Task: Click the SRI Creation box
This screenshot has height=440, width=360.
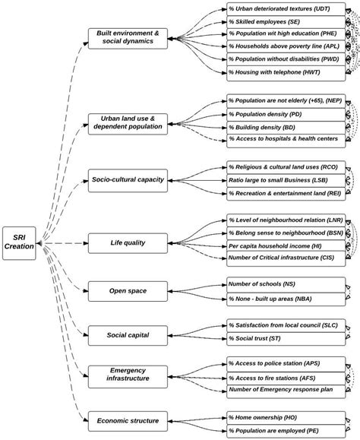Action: (x=19, y=244)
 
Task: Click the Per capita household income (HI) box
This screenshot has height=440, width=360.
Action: (x=280, y=248)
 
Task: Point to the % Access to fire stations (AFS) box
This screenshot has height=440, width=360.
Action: (x=280, y=377)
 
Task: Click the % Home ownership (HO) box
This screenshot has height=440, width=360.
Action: (x=280, y=418)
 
